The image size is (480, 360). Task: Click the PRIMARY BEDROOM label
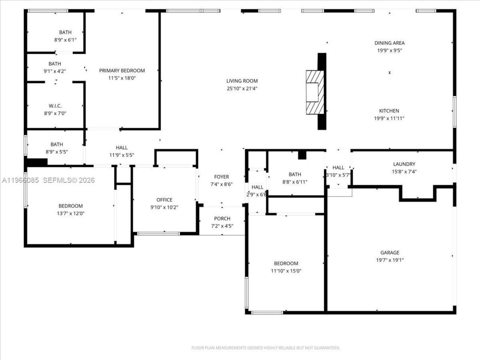pos(122,70)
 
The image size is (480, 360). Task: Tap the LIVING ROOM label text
pos(242,81)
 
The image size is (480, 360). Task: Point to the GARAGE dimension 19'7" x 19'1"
pos(390,260)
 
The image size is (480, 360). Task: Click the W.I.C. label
pos(55,106)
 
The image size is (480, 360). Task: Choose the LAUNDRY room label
pos(404,164)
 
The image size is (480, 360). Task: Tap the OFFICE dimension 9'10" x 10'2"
pos(164,207)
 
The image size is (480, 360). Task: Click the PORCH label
pos(222,219)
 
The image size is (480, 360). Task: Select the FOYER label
pos(221,177)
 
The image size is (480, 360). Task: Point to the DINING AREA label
pos(389,43)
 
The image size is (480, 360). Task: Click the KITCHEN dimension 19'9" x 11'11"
pos(389,118)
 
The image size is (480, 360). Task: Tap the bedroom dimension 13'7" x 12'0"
pos(70,213)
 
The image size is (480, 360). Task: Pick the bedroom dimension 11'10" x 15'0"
pos(286,271)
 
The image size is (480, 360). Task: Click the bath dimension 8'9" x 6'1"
pos(65,40)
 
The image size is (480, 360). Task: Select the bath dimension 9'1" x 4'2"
pos(55,71)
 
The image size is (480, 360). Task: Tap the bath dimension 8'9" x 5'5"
pos(57,152)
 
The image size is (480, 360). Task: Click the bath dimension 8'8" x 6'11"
pos(295,182)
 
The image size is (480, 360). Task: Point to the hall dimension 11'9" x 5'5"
pos(121,155)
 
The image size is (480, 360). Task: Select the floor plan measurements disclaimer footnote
pos(265,348)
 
